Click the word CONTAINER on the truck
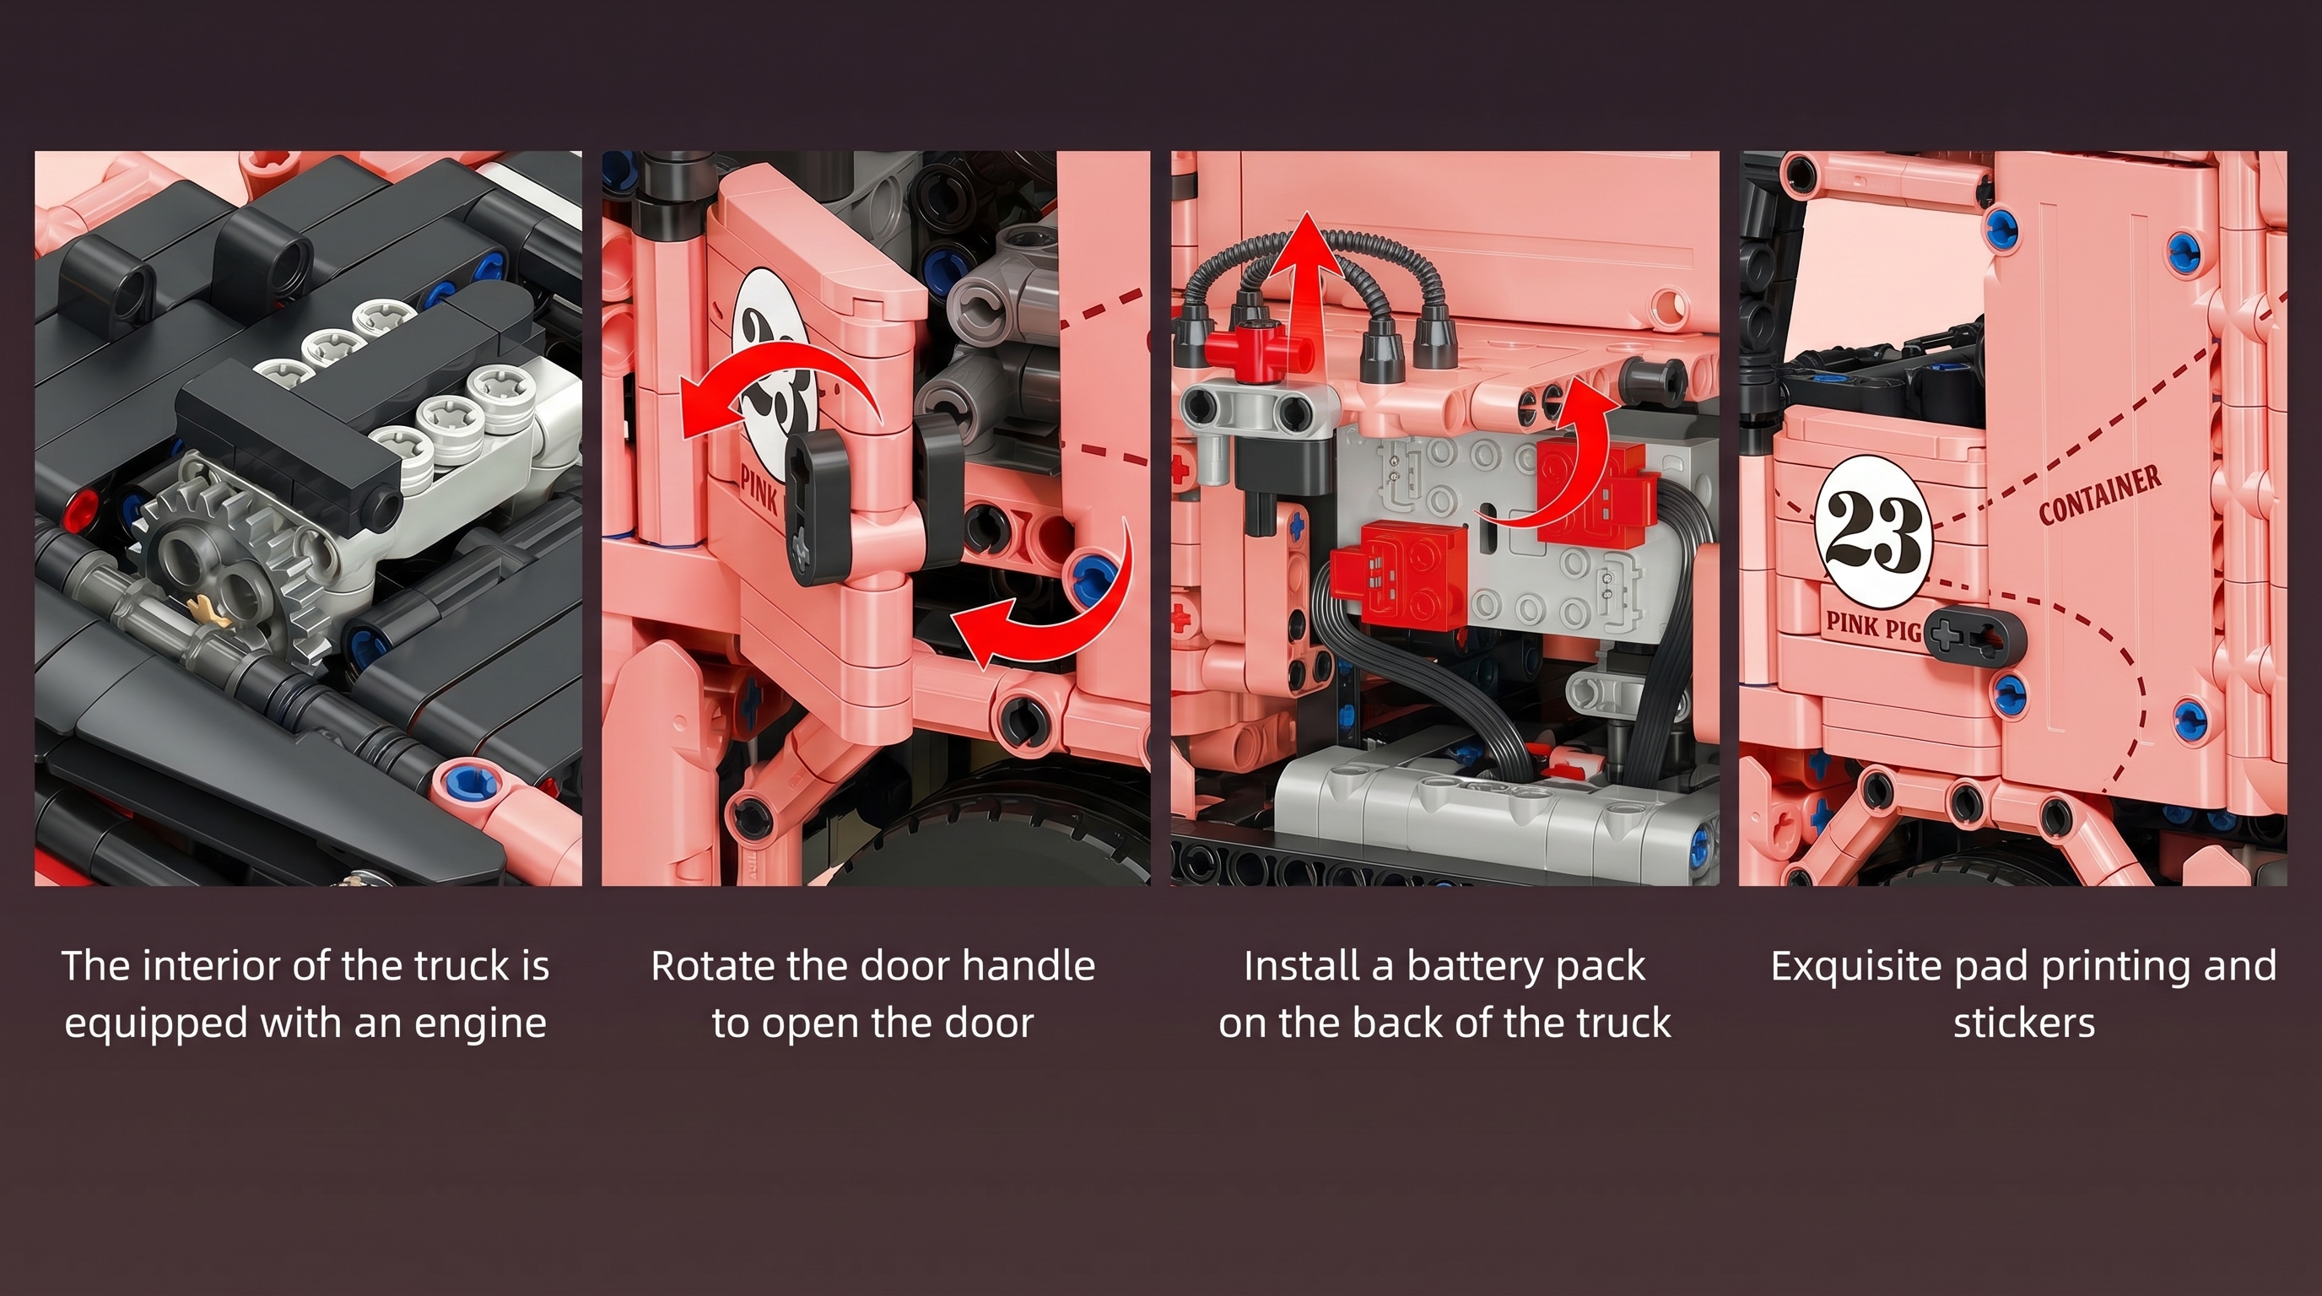tap(2100, 494)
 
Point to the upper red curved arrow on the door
tap(775, 397)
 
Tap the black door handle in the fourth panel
tap(1974, 638)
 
